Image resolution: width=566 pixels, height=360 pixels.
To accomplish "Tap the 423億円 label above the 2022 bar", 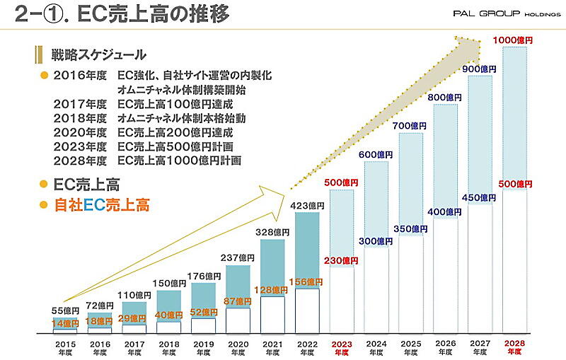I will tap(306, 205).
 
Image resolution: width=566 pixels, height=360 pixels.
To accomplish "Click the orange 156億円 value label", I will tap(306, 281).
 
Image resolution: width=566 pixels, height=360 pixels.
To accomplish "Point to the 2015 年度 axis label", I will tap(64, 349).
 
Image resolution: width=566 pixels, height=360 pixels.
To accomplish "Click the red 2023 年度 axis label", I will tap(341, 349).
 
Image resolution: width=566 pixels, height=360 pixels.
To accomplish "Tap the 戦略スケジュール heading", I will tap(98, 54).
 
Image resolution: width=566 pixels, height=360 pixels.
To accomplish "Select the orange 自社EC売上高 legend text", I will tap(102, 206).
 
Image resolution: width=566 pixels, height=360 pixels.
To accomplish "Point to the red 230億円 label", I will tap(342, 260).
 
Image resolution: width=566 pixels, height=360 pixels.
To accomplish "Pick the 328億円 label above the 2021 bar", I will tap(272, 232).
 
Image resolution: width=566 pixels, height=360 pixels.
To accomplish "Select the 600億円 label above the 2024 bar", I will tap(376, 154).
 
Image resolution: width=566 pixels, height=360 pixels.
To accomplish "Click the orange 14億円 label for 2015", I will tap(66, 323).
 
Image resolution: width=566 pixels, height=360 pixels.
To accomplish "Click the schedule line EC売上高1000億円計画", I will tap(179, 161).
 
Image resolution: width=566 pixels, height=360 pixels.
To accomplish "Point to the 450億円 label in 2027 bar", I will tap(480, 197).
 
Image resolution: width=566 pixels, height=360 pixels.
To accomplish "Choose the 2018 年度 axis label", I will tap(168, 349).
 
